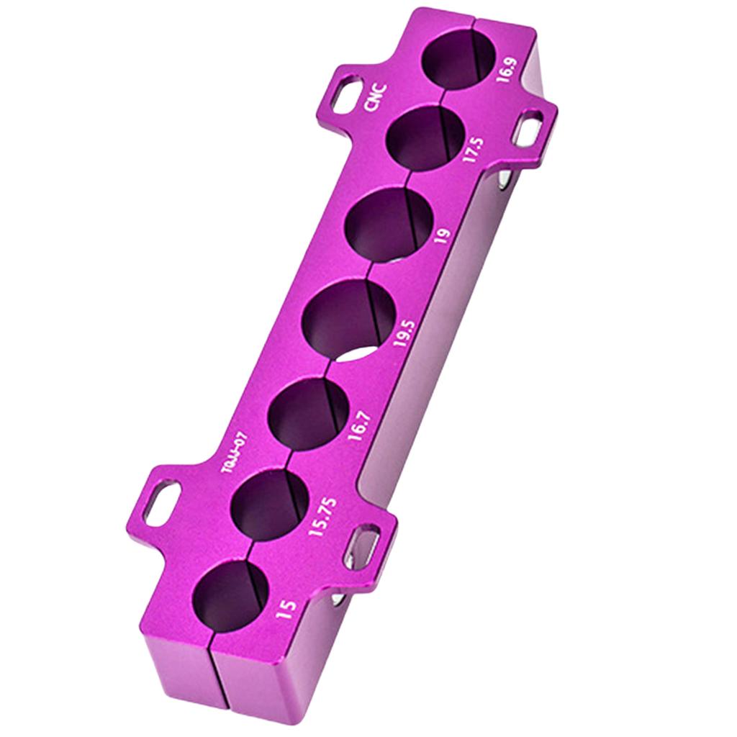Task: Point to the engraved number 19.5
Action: [x=405, y=334]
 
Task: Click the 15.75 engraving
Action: [x=322, y=516]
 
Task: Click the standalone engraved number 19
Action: [x=443, y=238]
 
